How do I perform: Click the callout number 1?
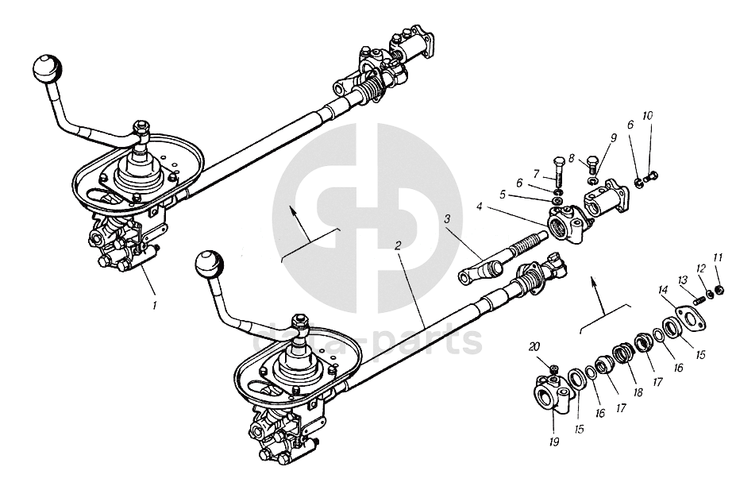(x=155, y=303)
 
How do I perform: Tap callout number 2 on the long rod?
(x=398, y=246)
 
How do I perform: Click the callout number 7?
(x=536, y=173)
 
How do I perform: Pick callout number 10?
(x=648, y=116)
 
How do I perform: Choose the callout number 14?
(x=664, y=291)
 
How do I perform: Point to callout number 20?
(x=534, y=346)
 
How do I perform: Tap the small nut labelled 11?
(x=719, y=289)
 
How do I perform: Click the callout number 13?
(x=683, y=280)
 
